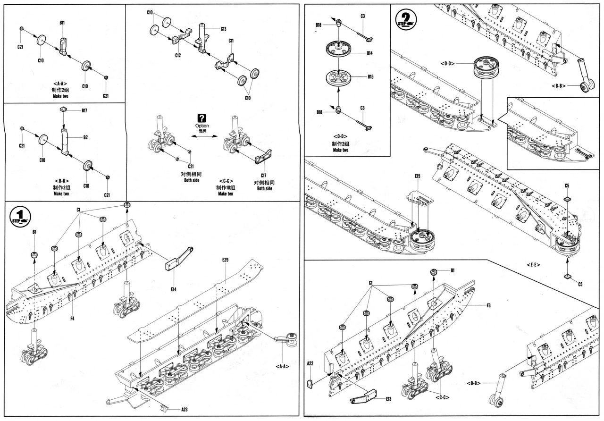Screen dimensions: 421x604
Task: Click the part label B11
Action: click(62, 22)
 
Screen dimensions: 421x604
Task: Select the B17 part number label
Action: click(84, 110)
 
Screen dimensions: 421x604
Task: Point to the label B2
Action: click(86, 138)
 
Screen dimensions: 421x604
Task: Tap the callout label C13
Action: click(223, 29)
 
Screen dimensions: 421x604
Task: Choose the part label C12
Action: click(177, 55)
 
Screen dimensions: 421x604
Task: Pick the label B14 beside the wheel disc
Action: click(370, 53)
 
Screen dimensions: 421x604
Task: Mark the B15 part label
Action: click(370, 76)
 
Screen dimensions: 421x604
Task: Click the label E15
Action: click(418, 176)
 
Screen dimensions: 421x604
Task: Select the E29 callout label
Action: click(225, 260)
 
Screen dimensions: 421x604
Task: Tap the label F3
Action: click(488, 305)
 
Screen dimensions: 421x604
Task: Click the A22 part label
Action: click(310, 363)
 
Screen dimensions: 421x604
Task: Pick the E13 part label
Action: click(388, 399)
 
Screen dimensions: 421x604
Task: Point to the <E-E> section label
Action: click(533, 265)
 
